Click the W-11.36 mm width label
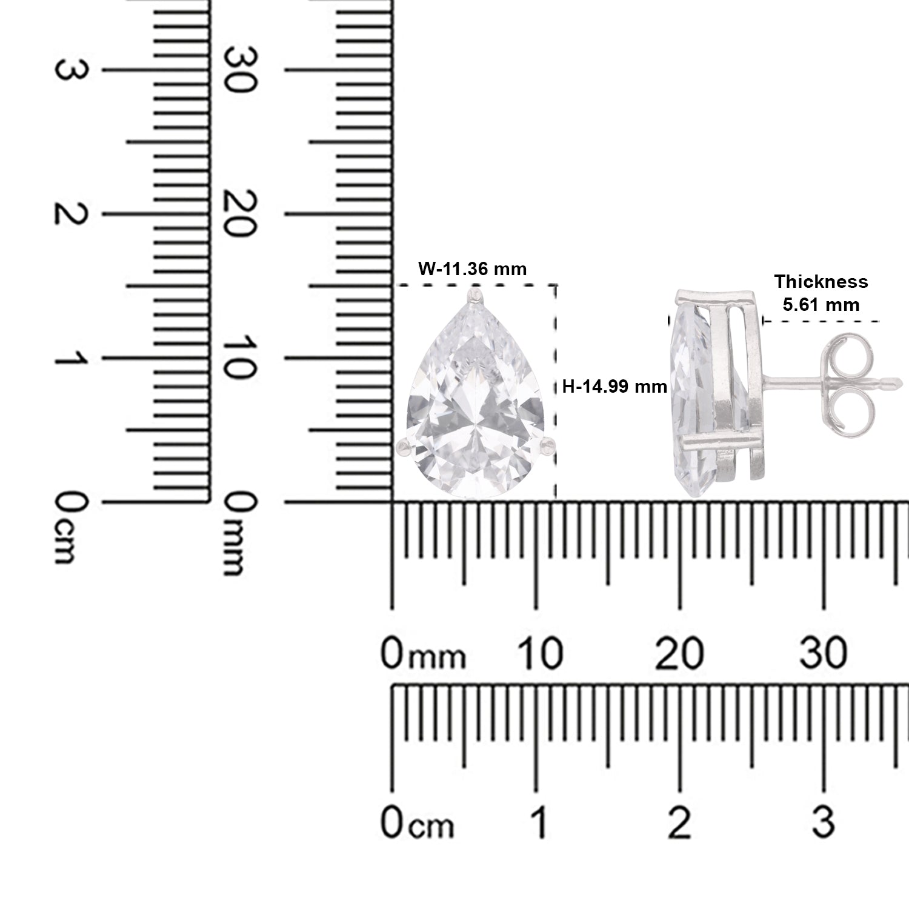[473, 268]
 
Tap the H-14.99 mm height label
[614, 387]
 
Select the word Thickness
[821, 282]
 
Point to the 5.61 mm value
[821, 304]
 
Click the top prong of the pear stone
[473, 296]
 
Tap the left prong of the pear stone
[402, 447]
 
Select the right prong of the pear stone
[547, 445]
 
